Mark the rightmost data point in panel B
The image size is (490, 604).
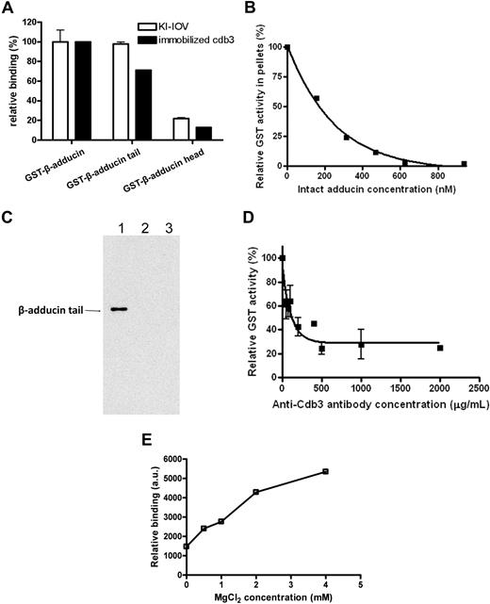(464, 164)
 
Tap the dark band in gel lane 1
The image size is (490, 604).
(118, 308)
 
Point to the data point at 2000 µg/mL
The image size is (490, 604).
(440, 348)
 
